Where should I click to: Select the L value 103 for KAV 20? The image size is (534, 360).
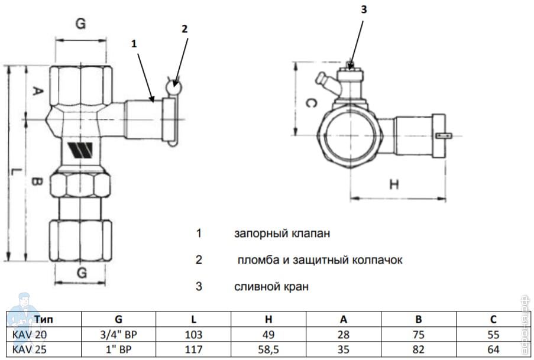pos(193,333)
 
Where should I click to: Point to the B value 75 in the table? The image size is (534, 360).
pos(418,333)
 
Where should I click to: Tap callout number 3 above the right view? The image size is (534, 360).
pos(364,8)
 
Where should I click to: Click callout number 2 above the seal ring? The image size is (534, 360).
pos(185,28)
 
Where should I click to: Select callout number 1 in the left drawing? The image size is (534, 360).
pos(134,43)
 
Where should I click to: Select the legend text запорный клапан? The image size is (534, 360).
pos(281,233)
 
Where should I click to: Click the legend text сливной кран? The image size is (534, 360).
pos(271,287)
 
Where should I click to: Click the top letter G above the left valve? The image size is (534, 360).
pos(80,24)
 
